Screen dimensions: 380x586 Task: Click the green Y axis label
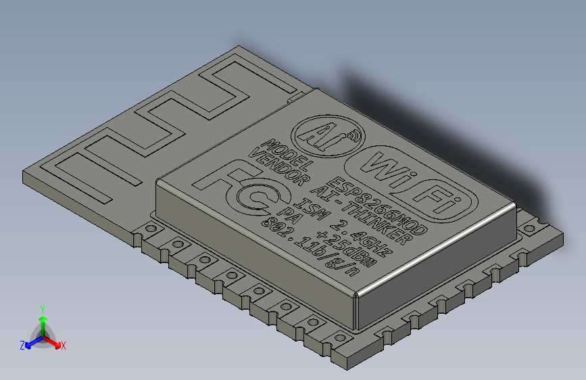43,308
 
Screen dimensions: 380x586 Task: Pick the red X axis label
63,346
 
